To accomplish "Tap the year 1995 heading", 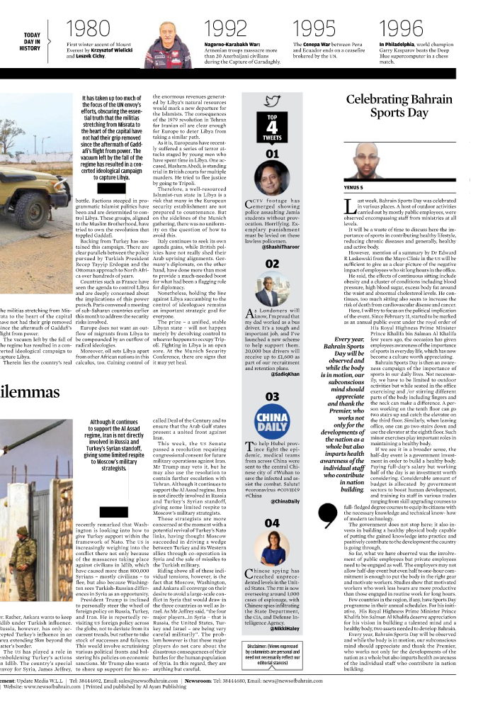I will click(x=315, y=29).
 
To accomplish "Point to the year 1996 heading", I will click(x=402, y=29).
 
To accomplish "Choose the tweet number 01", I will click(x=272, y=154).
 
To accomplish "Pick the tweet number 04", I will click(x=272, y=523).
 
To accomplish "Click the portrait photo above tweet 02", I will click(x=272, y=291).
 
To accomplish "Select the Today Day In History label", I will click(x=32, y=41).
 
